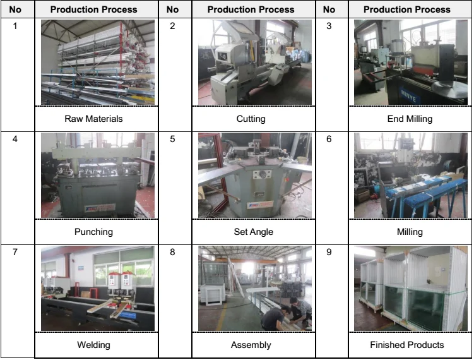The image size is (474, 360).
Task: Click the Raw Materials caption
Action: (93, 119)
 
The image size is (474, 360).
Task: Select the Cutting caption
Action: (251, 119)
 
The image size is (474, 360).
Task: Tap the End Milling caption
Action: (410, 119)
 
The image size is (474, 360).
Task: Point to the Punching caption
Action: (93, 232)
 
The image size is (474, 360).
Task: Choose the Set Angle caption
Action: (253, 232)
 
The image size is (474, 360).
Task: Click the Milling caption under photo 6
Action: (410, 232)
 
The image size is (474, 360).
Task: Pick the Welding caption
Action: (93, 345)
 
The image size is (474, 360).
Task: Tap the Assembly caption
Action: (251, 345)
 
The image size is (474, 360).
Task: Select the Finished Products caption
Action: (407, 345)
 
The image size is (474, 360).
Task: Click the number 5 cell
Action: (173, 139)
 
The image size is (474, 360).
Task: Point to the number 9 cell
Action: (329, 253)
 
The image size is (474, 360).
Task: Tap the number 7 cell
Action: (15, 253)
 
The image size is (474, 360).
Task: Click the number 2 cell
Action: (173, 26)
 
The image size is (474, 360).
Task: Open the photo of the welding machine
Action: (97, 289)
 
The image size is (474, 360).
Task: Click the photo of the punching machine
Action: (97, 176)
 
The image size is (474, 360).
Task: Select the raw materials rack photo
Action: (97, 62)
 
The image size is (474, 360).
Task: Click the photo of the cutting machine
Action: (254, 62)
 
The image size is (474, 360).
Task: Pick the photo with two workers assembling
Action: (254, 289)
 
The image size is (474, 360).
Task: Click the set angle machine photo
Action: (254, 176)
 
